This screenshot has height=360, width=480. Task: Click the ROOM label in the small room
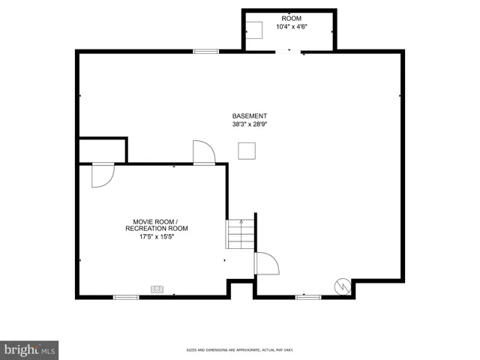(292, 18)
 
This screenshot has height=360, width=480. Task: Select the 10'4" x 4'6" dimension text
(292, 27)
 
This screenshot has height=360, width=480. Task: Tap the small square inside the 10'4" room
(256, 30)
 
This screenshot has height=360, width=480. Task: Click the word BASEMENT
(249, 116)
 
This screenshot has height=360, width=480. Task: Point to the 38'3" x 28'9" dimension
(249, 125)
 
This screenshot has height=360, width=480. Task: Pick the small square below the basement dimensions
(246, 151)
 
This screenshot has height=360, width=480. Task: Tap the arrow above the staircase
(241, 222)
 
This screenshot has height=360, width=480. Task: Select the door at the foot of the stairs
(265, 263)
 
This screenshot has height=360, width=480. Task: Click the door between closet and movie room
(102, 175)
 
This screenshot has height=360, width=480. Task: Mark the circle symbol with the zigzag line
(342, 286)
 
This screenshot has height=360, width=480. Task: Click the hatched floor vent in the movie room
(157, 287)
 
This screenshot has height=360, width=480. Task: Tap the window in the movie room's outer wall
(126, 298)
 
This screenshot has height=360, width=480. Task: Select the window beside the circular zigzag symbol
(307, 298)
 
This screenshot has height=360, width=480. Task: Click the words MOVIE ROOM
(153, 222)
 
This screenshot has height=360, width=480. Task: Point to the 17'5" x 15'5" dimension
(157, 237)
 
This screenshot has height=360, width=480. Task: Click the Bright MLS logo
(30, 349)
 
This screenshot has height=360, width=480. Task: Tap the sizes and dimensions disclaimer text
(239, 350)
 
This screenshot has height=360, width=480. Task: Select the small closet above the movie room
(102, 150)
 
